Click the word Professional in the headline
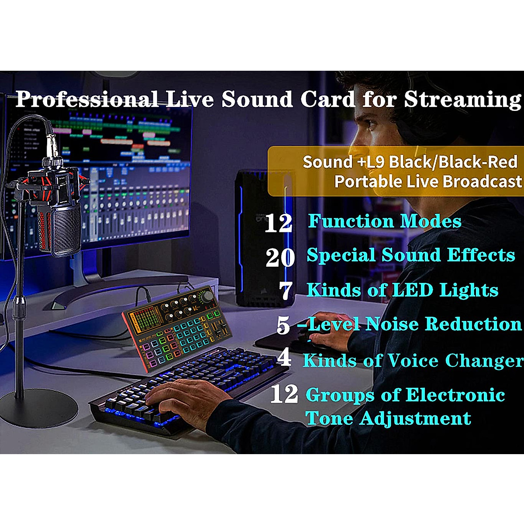87,100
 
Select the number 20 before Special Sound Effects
280,257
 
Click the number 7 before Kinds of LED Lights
286,291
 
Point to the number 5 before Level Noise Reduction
283,325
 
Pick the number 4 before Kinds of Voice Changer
284,358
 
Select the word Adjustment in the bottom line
415,418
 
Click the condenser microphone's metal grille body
61,227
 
